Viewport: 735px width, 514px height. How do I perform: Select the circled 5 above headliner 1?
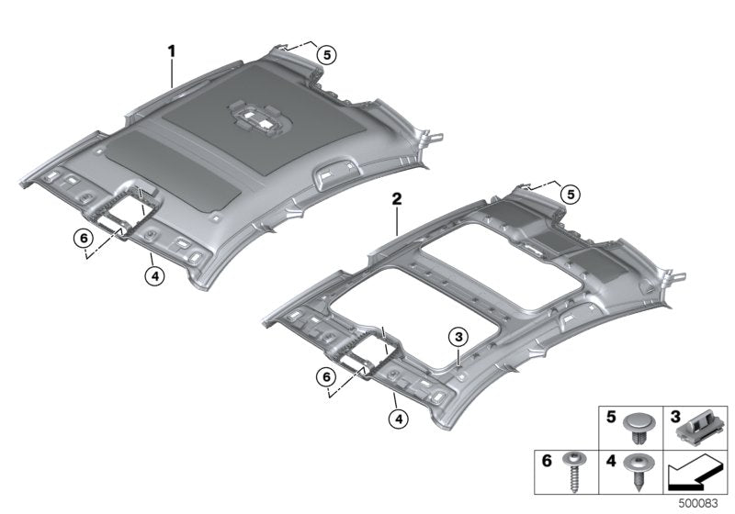326,54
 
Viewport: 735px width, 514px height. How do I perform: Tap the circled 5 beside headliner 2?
571,194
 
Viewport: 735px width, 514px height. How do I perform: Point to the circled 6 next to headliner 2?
323,376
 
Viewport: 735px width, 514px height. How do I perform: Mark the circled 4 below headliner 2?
396,418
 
